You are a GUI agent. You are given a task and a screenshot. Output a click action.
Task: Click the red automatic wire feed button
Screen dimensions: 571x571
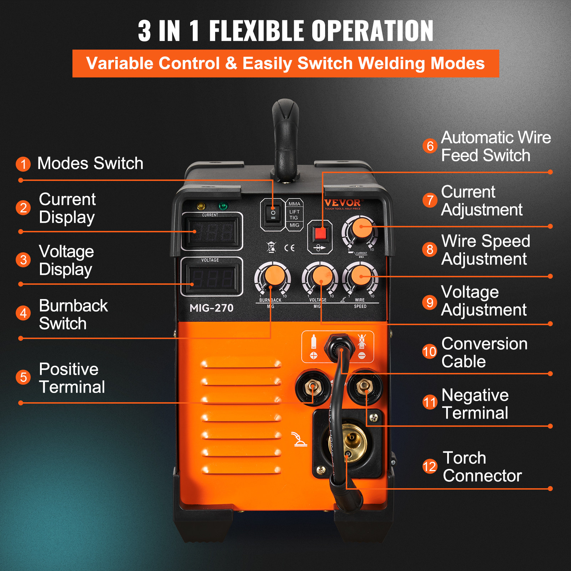click(x=320, y=234)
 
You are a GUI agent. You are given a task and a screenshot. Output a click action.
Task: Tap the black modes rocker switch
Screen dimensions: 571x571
click(x=273, y=214)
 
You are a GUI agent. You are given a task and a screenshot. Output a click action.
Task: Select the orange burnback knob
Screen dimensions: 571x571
click(x=274, y=276)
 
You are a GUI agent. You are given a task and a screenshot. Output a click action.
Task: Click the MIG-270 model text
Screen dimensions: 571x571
click(x=211, y=308)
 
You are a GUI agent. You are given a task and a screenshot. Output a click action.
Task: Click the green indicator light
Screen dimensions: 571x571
click(x=223, y=206)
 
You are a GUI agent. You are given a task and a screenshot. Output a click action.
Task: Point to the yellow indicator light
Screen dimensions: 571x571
click(x=201, y=206)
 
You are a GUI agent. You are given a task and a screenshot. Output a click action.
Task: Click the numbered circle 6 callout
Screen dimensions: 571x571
click(x=430, y=146)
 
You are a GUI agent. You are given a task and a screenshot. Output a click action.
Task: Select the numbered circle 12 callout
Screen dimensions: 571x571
click(x=430, y=466)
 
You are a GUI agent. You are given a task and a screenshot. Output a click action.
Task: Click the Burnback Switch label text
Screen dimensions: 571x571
click(x=73, y=314)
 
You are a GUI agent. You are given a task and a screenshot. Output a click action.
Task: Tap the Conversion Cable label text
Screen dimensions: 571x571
click(x=484, y=353)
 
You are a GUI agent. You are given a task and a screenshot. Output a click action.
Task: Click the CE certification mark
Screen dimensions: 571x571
click(x=289, y=248)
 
